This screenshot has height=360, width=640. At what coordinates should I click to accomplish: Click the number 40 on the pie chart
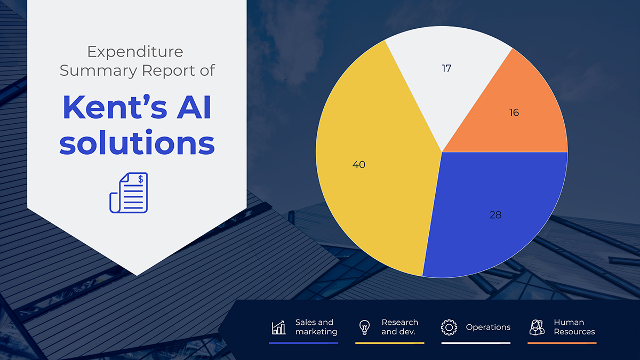pyautogui.click(x=359, y=165)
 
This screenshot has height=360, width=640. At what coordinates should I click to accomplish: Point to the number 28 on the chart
pyautogui.click(x=495, y=215)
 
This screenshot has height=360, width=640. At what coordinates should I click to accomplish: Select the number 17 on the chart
pyautogui.click(x=446, y=69)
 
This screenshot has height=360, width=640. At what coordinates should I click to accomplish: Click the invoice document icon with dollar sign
pyautogui.click(x=129, y=193)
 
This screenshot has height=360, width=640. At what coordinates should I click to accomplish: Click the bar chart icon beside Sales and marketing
pyautogui.click(x=278, y=327)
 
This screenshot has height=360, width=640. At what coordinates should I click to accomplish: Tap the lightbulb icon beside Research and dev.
pyautogui.click(x=365, y=327)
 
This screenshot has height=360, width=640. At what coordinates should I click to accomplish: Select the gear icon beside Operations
pyautogui.click(x=449, y=327)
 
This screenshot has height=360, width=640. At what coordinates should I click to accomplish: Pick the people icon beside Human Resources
pyautogui.click(x=537, y=327)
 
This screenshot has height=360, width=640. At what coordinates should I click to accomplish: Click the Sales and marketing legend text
pyautogui.click(x=316, y=327)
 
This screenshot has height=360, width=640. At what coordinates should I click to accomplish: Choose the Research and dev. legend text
pyautogui.click(x=399, y=327)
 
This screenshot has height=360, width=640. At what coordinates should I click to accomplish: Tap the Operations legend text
pyautogui.click(x=488, y=327)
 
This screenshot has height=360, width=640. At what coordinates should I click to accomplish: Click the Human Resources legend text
pyautogui.click(x=574, y=327)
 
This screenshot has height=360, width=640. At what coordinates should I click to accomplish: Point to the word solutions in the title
pyautogui.click(x=137, y=143)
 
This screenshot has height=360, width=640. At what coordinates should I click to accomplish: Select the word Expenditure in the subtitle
pyautogui.click(x=135, y=52)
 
